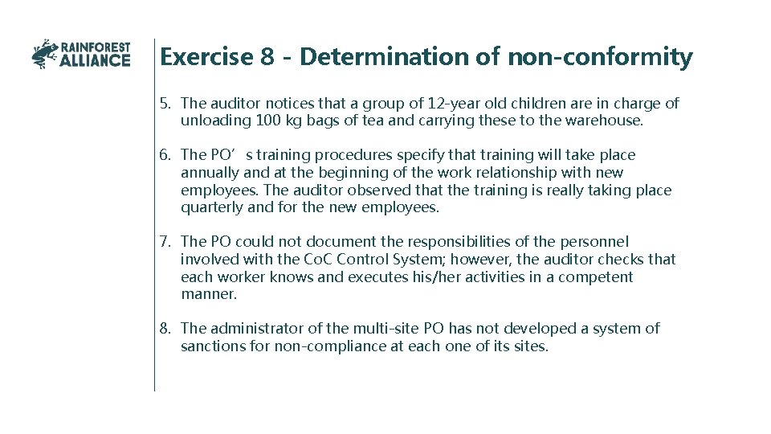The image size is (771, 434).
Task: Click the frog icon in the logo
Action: pyautogui.click(x=45, y=54)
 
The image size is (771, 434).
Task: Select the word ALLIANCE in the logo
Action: pyautogui.click(x=95, y=60)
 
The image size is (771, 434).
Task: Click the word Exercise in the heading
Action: pyautogui.click(x=205, y=57)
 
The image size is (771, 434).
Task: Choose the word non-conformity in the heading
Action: pyautogui.click(x=599, y=57)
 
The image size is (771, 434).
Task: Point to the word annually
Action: pyautogui.click(x=210, y=172)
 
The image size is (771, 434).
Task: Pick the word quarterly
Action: pyautogui.click(x=211, y=207)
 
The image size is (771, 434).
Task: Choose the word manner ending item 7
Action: pyautogui.click(x=208, y=294)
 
